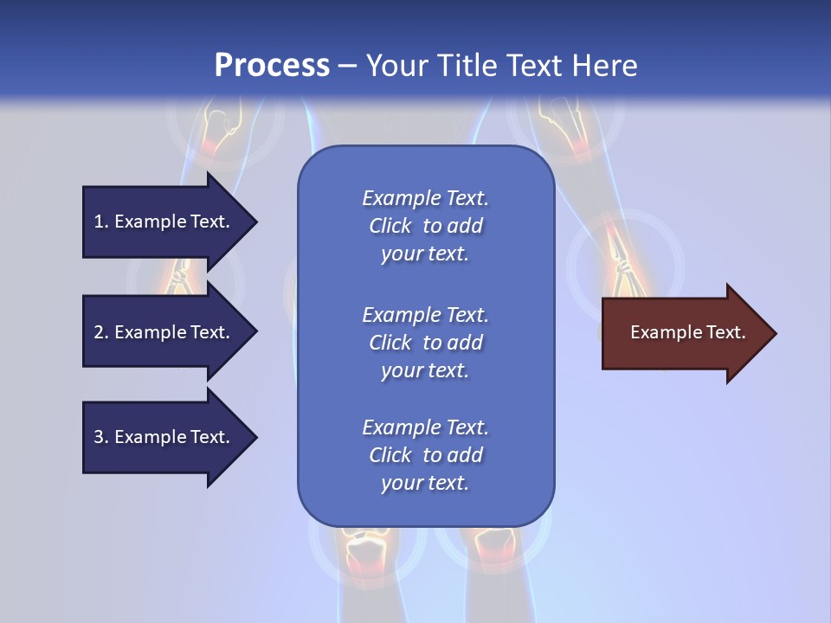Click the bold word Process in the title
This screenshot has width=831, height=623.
tap(272, 66)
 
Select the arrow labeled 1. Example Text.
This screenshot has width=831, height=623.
tap(164, 222)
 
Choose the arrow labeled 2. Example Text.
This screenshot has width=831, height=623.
tap(164, 332)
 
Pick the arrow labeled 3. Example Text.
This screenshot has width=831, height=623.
tap(164, 437)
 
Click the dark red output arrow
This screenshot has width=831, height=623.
tap(684, 333)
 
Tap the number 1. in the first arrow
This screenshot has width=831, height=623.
tap(101, 222)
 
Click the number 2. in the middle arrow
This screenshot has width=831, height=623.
tap(101, 332)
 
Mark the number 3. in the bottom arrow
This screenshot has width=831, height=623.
tap(101, 437)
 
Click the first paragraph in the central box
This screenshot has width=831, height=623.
tap(425, 226)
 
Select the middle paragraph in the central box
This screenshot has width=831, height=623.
tap(425, 343)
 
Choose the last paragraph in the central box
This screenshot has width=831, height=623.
tap(425, 455)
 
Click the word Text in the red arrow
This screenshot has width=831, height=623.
tap(726, 332)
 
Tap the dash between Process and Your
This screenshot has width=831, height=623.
tap(347, 67)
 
